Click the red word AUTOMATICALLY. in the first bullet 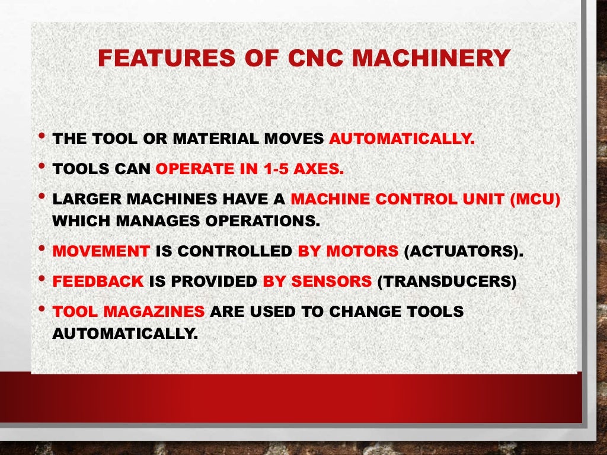pos(401,140)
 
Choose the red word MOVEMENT pos(101,251)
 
